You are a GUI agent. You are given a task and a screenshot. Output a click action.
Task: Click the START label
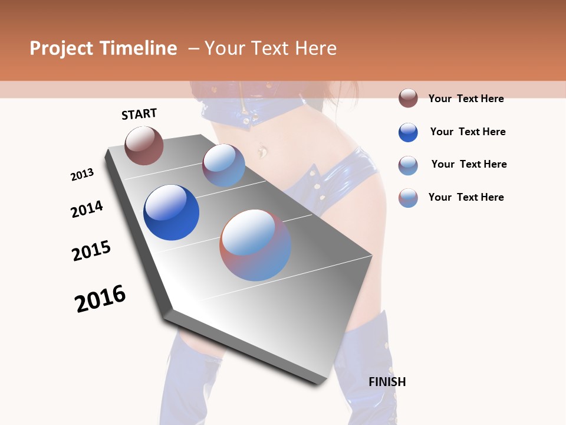click(139, 114)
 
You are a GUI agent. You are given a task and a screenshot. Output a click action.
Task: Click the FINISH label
click(387, 382)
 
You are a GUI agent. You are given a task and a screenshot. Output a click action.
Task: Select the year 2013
click(83, 174)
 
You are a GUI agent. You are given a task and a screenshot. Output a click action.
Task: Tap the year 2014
click(87, 209)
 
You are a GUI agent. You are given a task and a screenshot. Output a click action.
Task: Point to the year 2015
click(91, 250)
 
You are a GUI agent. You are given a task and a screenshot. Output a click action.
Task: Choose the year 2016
click(100, 298)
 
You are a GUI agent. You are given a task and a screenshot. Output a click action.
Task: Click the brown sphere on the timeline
click(144, 146)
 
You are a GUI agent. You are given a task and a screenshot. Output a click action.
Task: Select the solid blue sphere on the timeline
click(171, 212)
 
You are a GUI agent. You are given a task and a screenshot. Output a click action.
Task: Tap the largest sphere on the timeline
click(255, 245)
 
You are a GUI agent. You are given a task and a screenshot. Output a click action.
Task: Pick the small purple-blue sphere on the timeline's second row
click(223, 165)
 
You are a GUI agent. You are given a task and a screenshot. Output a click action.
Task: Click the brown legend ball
click(408, 98)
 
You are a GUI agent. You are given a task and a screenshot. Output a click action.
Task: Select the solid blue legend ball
click(408, 132)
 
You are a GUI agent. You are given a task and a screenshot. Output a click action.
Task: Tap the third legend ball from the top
click(408, 165)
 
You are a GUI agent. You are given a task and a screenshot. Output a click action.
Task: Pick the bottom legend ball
click(408, 198)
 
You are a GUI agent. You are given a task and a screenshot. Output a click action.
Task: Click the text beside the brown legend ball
click(466, 99)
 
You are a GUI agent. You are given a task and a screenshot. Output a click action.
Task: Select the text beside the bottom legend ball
click(466, 197)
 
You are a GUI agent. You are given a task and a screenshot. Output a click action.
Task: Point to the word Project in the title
click(60, 48)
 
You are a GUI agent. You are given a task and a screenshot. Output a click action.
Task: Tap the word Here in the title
click(315, 48)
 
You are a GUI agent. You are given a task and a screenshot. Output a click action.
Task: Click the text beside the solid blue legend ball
click(468, 132)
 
